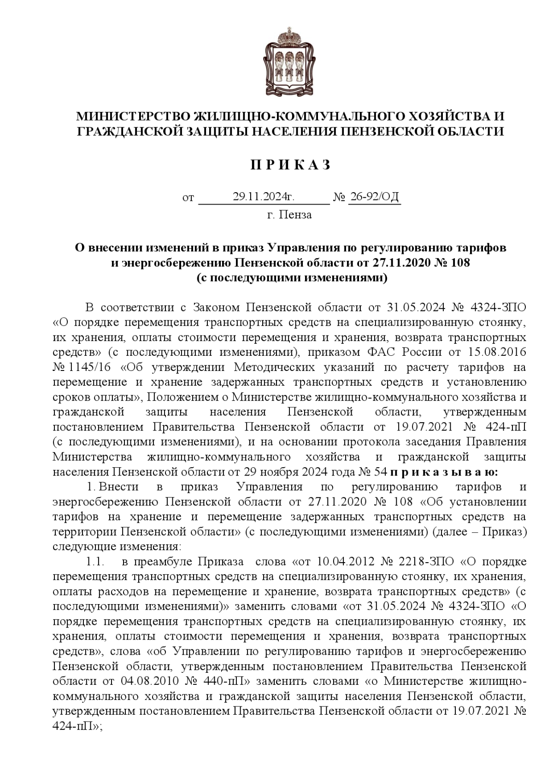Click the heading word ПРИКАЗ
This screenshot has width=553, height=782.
point(290,165)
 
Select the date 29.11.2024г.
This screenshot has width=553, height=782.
point(263,197)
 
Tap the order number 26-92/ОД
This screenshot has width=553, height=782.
point(374,197)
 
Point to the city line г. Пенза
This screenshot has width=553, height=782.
point(289,215)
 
